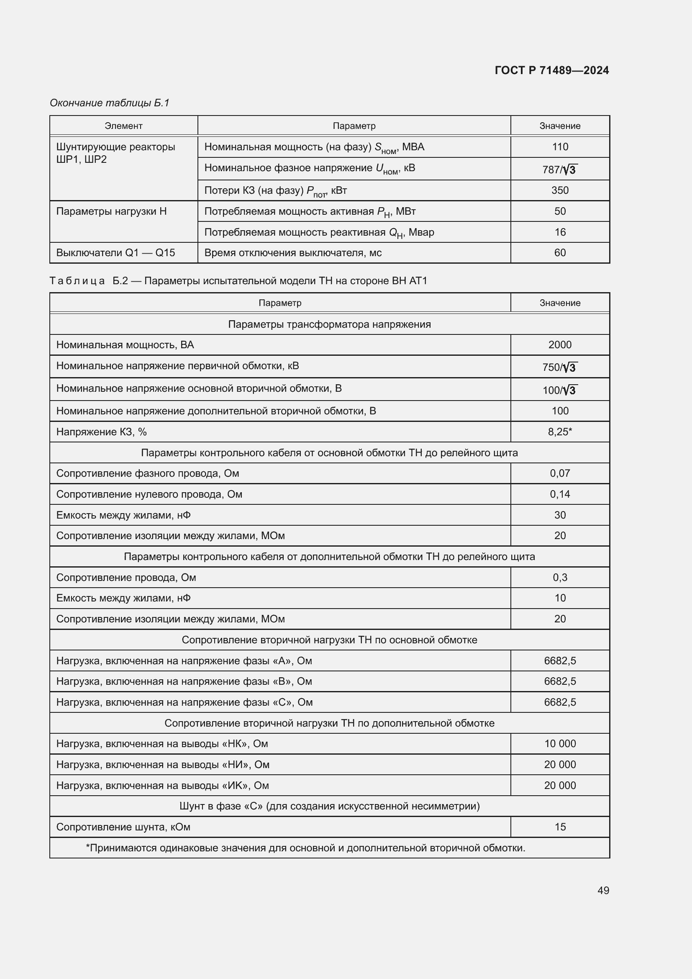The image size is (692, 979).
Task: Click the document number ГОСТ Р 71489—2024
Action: [x=551, y=70]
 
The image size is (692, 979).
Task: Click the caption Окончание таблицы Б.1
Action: [x=110, y=103]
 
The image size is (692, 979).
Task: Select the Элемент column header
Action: [x=123, y=126]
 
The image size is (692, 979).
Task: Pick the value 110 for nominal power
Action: [x=559, y=146]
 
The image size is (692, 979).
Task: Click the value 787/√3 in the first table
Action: [x=559, y=169]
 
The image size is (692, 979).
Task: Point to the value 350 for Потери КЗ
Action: [x=559, y=190]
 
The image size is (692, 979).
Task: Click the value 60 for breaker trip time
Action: [x=559, y=252]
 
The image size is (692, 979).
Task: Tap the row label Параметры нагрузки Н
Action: [x=111, y=211]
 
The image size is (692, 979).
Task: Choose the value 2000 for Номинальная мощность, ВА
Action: [x=559, y=344]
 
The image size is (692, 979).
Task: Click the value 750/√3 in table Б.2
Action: [x=559, y=367]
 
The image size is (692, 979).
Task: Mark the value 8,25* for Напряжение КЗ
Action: [x=559, y=432]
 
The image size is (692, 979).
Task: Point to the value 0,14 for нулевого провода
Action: [x=559, y=494]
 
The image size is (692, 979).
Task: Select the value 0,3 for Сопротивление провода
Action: [x=559, y=577]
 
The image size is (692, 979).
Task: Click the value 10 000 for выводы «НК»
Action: [x=559, y=743]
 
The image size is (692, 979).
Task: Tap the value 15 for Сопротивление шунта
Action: [x=559, y=826]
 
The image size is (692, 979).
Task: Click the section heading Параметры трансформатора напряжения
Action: [x=329, y=324]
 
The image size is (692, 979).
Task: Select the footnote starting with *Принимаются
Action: [x=305, y=848]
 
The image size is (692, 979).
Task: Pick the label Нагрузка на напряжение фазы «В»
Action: [x=184, y=681]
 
